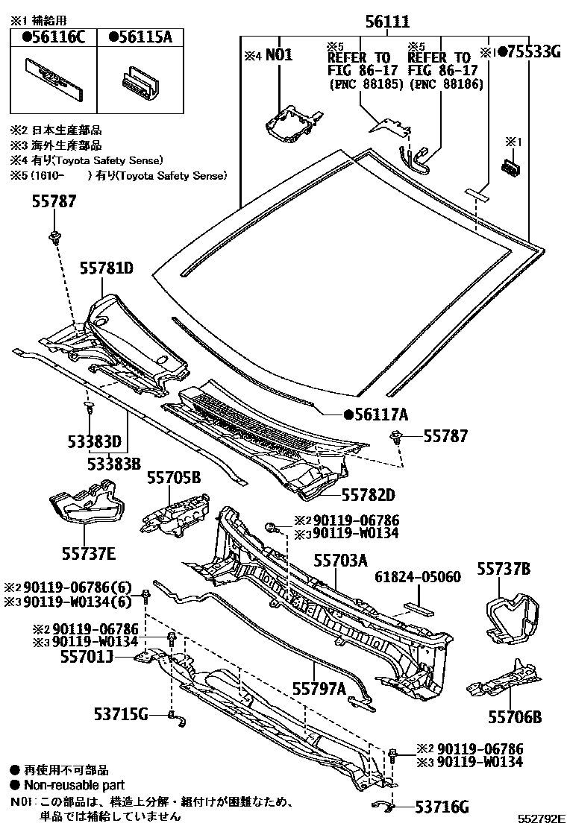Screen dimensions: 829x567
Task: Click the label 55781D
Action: tap(107, 268)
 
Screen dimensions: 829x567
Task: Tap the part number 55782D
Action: tap(368, 494)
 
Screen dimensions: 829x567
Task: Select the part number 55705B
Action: tap(174, 477)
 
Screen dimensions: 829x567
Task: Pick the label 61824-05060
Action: tap(417, 577)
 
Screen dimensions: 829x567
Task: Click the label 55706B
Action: tap(514, 717)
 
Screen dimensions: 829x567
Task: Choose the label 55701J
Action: tap(86, 658)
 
